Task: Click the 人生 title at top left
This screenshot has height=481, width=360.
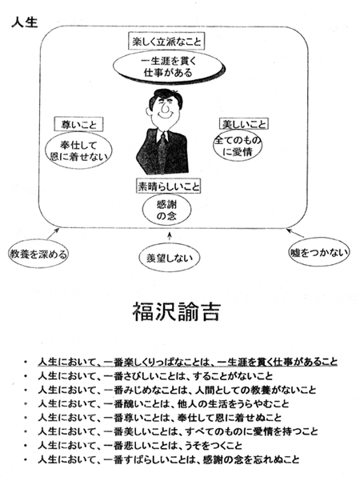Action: pyautogui.click(x=25, y=22)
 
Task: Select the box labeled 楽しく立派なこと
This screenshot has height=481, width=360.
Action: pyautogui.click(x=166, y=41)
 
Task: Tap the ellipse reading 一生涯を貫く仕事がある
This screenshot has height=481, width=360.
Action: pyautogui.click(x=168, y=67)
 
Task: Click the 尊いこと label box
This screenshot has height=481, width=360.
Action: pyautogui.click(x=78, y=125)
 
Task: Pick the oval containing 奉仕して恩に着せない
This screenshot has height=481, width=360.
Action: pyautogui.click(x=78, y=150)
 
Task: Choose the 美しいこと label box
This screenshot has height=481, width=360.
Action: pyautogui.click(x=244, y=124)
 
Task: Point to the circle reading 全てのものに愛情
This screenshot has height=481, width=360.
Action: pyautogui.click(x=238, y=146)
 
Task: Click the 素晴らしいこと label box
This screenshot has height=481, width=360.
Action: pyautogui.click(x=168, y=186)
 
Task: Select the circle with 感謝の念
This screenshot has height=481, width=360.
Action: pyautogui.click(x=166, y=210)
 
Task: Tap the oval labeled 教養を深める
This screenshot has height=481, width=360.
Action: pyautogui.click(x=38, y=255)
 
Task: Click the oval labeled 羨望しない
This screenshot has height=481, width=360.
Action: pyautogui.click(x=169, y=258)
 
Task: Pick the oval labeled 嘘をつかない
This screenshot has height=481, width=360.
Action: pyautogui.click(x=319, y=252)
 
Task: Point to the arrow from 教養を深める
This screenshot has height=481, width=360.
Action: pyautogui.click(x=53, y=234)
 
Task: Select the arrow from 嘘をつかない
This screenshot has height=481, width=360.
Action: pyautogui.click(x=295, y=233)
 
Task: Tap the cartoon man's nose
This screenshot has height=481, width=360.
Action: pyautogui.click(x=164, y=107)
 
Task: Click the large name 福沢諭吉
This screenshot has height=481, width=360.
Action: pyautogui.click(x=176, y=311)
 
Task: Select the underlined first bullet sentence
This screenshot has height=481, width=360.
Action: pyautogui.click(x=188, y=362)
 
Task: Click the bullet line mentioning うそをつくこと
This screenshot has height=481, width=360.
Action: pyautogui.click(x=140, y=446)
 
